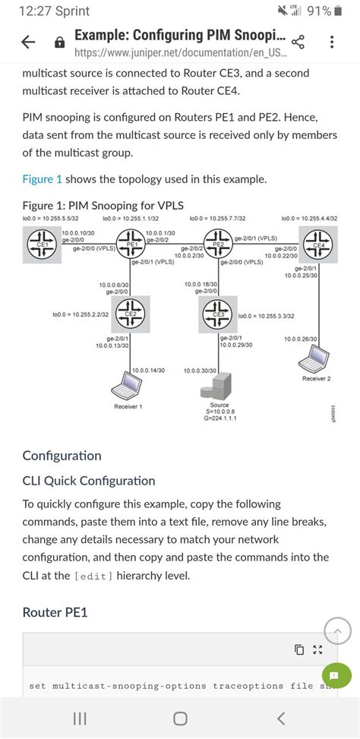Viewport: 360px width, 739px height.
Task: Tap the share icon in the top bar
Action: pos(298,44)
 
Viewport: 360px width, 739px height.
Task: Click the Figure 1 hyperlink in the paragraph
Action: pos(43,178)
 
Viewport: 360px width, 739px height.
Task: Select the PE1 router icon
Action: pos(131,244)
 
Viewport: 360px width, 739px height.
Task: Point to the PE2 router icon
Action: pos(219,243)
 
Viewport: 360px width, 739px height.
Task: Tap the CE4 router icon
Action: pos(317,244)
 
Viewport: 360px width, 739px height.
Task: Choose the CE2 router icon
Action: pos(130,312)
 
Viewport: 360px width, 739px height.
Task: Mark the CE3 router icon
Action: pos(219,312)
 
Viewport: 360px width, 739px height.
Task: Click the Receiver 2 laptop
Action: pos(315,357)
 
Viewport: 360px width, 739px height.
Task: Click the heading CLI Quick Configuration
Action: pos(88,481)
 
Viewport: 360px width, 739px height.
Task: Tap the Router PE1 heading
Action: pos(55,612)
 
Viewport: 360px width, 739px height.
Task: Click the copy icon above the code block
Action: pos(299,649)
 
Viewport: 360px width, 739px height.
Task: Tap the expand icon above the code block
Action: pos(318,649)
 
